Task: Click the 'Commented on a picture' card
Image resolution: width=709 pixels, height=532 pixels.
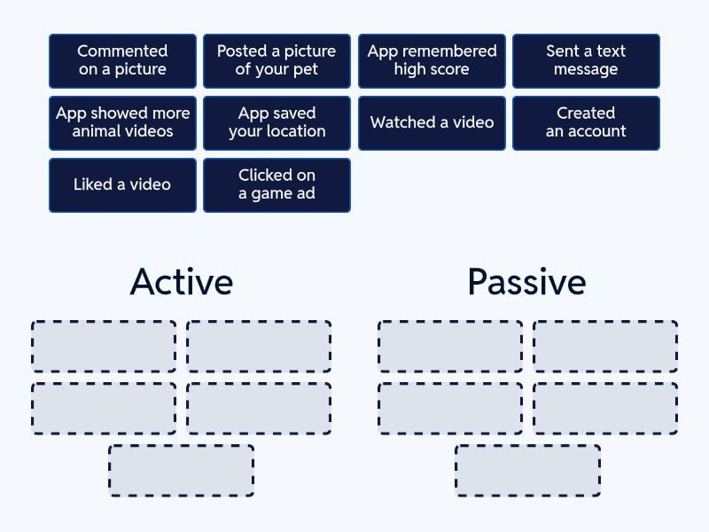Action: click(x=122, y=60)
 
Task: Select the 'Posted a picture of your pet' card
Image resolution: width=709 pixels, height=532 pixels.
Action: click(x=277, y=60)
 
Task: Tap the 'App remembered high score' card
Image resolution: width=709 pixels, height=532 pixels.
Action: click(x=432, y=60)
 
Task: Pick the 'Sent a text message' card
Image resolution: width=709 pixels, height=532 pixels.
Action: click(x=586, y=60)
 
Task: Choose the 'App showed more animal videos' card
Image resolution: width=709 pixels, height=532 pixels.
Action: click(x=122, y=122)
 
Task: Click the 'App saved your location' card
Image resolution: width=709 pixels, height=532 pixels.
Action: click(x=277, y=122)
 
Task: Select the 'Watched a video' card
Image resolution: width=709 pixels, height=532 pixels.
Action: click(x=432, y=122)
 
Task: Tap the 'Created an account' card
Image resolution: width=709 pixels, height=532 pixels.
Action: click(x=586, y=122)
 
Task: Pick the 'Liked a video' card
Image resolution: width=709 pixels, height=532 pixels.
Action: click(x=122, y=184)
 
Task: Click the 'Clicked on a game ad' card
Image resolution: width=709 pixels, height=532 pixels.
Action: click(x=277, y=184)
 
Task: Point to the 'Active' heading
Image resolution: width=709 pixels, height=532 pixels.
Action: click(x=182, y=282)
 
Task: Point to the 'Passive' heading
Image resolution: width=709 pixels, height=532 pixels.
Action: click(x=526, y=282)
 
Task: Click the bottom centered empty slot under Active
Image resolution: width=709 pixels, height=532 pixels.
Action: click(x=182, y=470)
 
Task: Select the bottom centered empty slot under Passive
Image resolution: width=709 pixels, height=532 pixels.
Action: click(x=528, y=470)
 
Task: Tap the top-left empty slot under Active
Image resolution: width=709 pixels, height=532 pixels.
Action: click(x=104, y=346)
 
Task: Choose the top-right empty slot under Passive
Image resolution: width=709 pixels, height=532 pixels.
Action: click(x=605, y=346)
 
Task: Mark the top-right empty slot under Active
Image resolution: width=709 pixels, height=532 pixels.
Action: click(x=259, y=346)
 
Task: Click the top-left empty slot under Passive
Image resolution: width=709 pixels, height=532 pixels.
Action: click(x=450, y=346)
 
